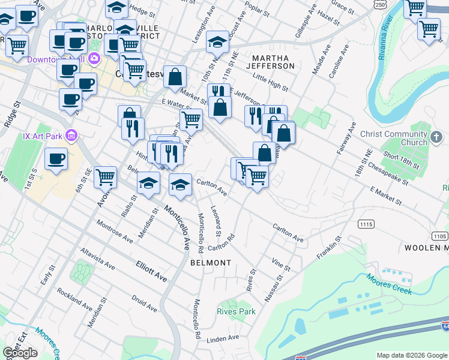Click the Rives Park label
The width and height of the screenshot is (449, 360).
(x=237, y=311)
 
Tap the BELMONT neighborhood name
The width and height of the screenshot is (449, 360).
(x=211, y=263)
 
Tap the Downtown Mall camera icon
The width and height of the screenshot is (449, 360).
(x=94, y=59)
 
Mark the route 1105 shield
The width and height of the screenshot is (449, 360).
(x=439, y=235)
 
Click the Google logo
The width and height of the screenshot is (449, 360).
(x=20, y=353)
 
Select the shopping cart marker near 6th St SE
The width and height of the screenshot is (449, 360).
(x=105, y=176)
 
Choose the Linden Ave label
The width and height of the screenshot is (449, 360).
(x=223, y=340)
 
